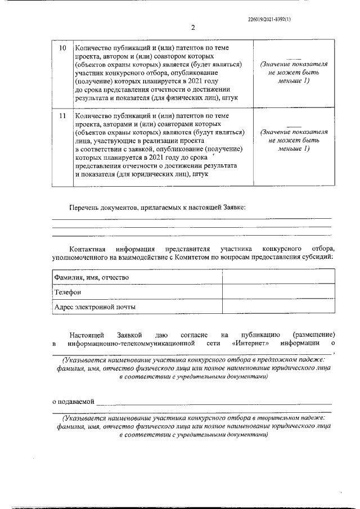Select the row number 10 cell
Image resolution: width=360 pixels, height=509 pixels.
pyautogui.click(x=63, y=48)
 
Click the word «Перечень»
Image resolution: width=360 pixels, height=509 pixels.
pyautogui.click(x=85, y=208)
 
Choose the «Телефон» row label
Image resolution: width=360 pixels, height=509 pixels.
pyautogui.click(x=67, y=292)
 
